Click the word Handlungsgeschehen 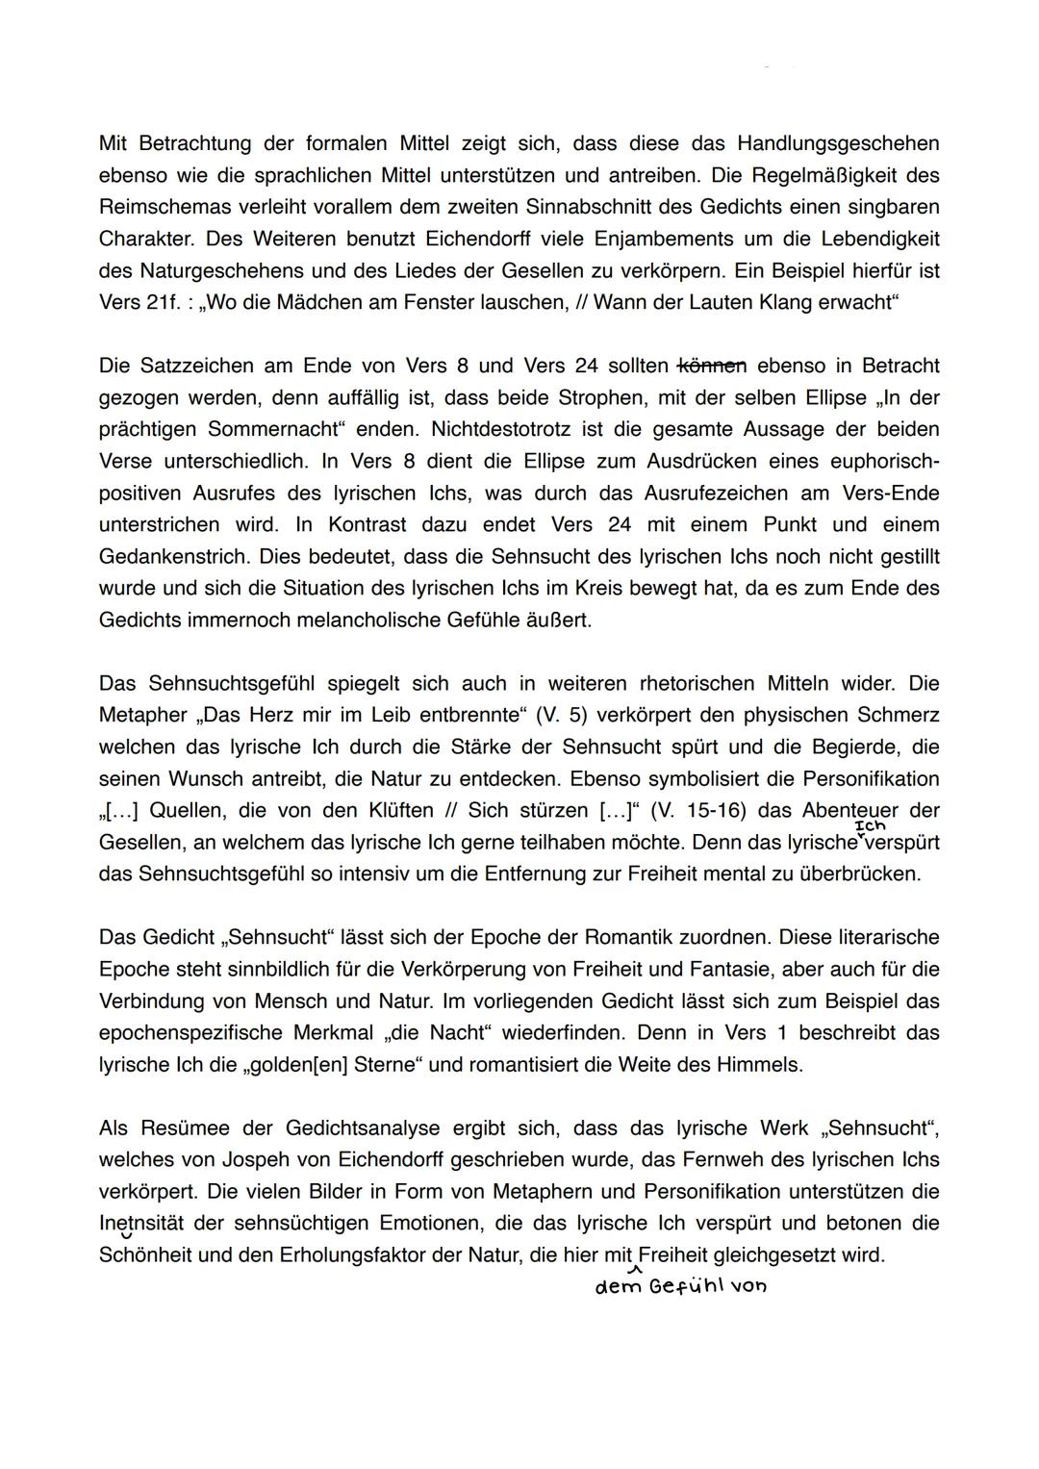pyautogui.click(x=838, y=144)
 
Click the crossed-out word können pyautogui.click(x=712, y=366)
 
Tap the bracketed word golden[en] pyautogui.click(x=354, y=1065)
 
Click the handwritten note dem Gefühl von pyautogui.click(x=681, y=1287)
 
